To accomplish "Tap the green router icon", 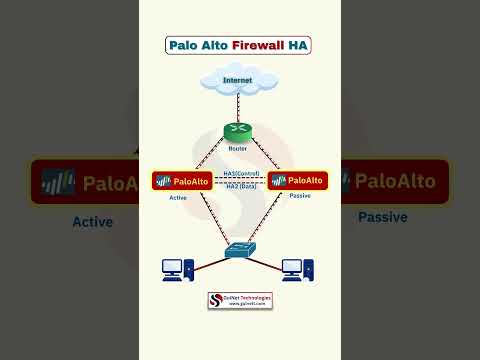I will coord(238,131).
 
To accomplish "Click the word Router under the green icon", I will coord(238,148).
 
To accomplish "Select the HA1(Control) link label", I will coord(240,173).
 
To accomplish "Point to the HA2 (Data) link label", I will coord(240,189).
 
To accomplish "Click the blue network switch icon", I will coord(240,250).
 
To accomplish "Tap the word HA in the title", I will coord(298,45).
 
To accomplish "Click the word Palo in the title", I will coord(186,45).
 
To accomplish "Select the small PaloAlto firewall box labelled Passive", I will coord(298,181).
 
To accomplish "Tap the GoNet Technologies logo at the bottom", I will coord(240,300).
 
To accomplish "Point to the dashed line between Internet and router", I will coord(238,106).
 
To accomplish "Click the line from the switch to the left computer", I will coord(209,261).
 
